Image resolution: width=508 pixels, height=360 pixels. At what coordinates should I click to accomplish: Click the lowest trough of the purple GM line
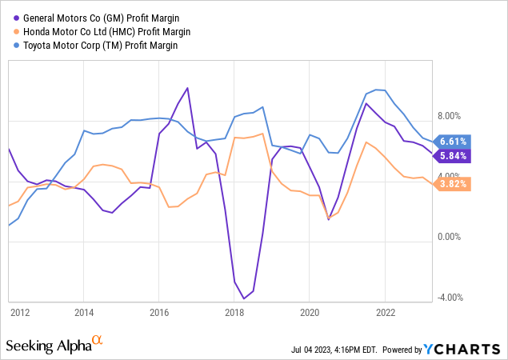244,298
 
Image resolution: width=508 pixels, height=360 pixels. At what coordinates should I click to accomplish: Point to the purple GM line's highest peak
187,88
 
